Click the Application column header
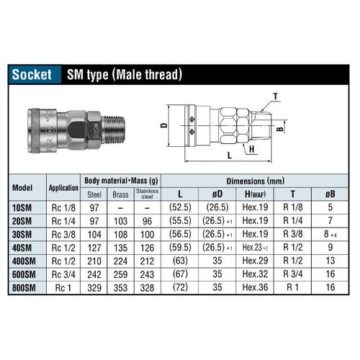[x=63, y=187]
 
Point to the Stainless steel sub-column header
[x=148, y=193]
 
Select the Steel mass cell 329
[x=94, y=287]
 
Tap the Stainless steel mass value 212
[x=148, y=261]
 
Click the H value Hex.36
[x=255, y=287]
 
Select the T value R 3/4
[x=292, y=274]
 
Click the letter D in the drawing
[x=165, y=126]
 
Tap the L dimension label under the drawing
[x=228, y=155]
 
